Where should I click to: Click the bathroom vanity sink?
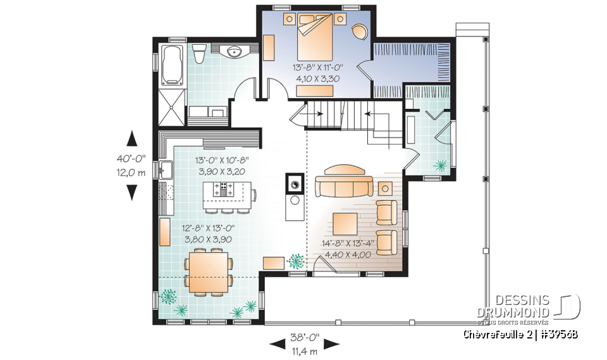click(x=240, y=53)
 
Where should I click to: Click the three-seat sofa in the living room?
click(x=344, y=186)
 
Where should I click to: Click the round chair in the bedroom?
click(x=360, y=31)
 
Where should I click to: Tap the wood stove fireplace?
click(x=294, y=183)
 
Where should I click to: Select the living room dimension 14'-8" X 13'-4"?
click(x=348, y=243)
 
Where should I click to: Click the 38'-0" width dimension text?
click(x=305, y=337)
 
